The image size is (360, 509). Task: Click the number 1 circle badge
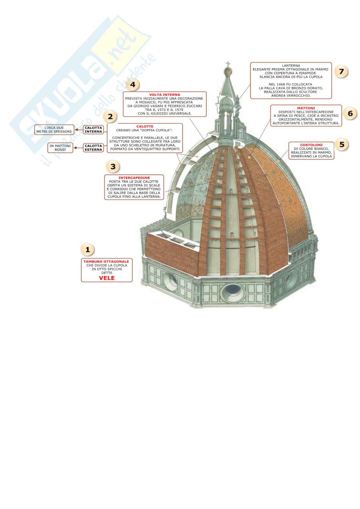[87, 249]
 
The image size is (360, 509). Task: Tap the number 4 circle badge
[133, 85]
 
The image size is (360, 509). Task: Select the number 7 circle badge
[341, 71]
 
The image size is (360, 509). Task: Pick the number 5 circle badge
[342, 144]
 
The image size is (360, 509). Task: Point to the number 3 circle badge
[113, 166]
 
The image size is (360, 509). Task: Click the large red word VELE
[106, 278]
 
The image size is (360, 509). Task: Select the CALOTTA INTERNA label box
[93, 130]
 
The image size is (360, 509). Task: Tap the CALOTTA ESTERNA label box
[93, 148]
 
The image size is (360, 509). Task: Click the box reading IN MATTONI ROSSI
[60, 148]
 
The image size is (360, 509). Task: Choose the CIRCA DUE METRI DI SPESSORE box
[54, 130]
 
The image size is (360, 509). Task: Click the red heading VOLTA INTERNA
[165, 95]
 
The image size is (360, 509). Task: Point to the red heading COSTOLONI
[311, 145]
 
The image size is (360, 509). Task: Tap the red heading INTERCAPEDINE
[134, 178]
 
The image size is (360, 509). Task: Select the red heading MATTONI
[306, 108]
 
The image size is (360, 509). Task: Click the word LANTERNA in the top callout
[291, 66]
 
